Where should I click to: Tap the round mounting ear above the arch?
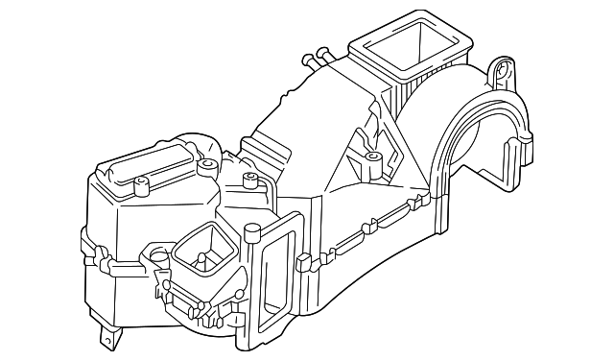pyautogui.click(x=500, y=70)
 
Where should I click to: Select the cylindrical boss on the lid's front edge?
pyautogui.click(x=142, y=183)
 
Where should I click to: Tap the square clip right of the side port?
pyautogui.click(x=305, y=260)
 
